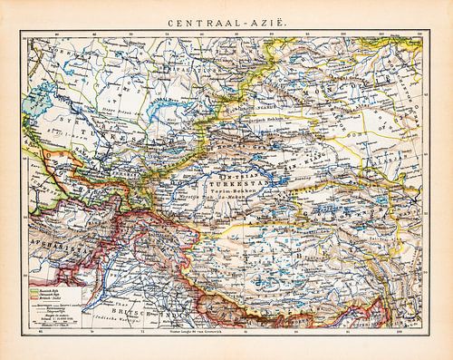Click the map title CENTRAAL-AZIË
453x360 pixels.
(x=226, y=16)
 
